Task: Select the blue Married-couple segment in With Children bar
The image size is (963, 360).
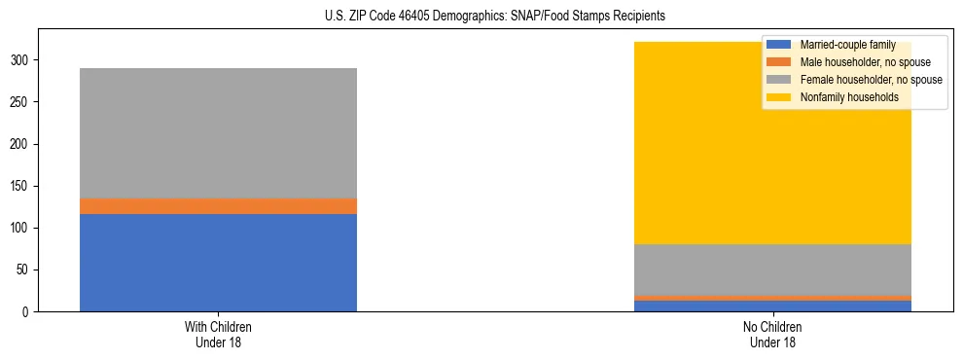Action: tap(218, 263)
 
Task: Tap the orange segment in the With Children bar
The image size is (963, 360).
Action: tap(218, 206)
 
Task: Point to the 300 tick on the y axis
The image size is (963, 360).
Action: tap(21, 60)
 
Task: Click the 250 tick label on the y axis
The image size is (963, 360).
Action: tap(21, 102)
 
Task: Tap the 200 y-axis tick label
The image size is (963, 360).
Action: tap(21, 144)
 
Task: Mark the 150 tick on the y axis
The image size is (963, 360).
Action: tap(21, 186)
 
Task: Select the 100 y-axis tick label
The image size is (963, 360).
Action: tap(21, 228)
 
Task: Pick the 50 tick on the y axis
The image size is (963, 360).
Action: tap(24, 270)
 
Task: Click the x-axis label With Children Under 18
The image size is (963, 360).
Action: tap(218, 335)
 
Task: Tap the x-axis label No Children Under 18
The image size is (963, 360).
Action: tap(772, 335)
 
